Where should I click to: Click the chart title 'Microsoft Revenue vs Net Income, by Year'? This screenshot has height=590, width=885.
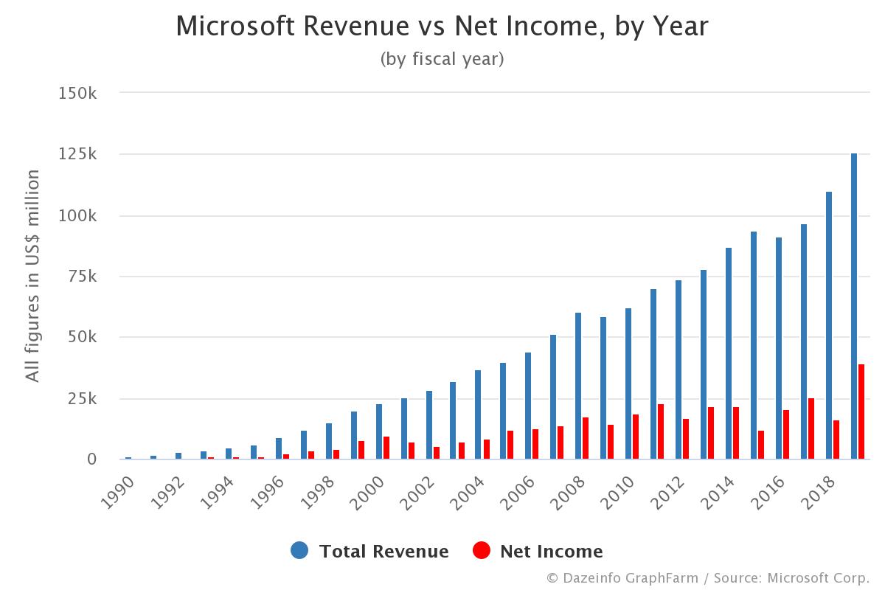(x=442, y=27)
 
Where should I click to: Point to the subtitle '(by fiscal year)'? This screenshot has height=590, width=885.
(x=442, y=59)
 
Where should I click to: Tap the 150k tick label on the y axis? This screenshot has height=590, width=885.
(x=77, y=94)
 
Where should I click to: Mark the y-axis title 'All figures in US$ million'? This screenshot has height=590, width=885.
(x=32, y=276)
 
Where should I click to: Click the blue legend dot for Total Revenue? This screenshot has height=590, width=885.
(x=299, y=551)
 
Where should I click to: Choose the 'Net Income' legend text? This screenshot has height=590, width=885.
(x=551, y=551)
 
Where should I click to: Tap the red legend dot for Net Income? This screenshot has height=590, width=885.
(x=482, y=551)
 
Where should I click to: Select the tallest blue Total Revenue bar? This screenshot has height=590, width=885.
(x=854, y=306)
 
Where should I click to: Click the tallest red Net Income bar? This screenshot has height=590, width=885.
(x=861, y=412)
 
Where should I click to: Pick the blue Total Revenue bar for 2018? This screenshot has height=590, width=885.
(x=829, y=325)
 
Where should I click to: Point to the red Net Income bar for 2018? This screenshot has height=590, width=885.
(x=836, y=440)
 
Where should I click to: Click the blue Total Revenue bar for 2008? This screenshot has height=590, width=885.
(x=578, y=386)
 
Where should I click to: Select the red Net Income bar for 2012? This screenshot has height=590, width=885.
(x=686, y=439)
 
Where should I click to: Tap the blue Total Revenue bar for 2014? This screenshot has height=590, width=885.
(x=729, y=353)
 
